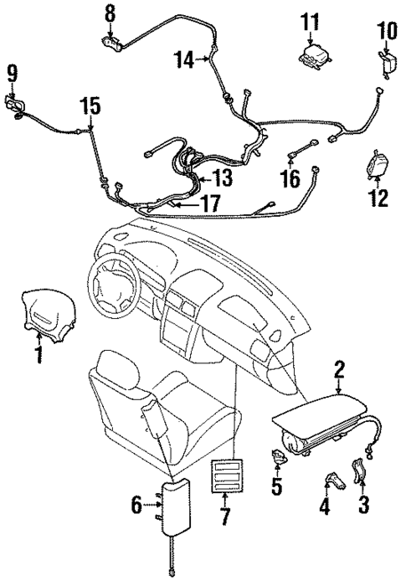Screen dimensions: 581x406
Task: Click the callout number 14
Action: coord(185,59)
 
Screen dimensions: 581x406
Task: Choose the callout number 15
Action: coord(89,106)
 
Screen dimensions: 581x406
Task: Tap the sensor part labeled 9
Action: coord(14,107)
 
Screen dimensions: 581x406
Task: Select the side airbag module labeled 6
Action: coord(170,510)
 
